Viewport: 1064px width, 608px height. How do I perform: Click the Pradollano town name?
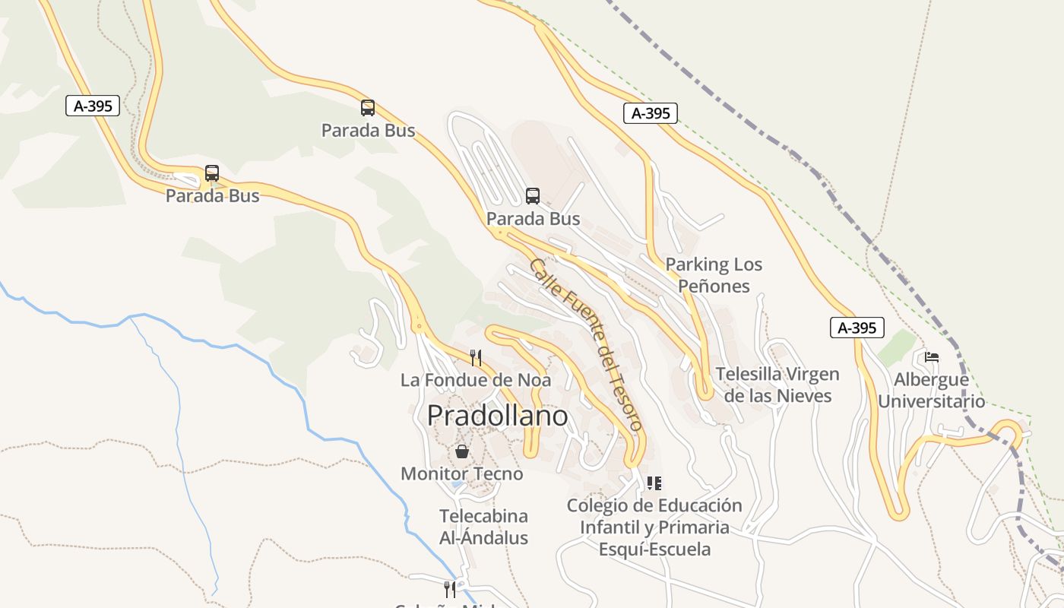497,416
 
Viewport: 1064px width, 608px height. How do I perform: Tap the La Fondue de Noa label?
476,379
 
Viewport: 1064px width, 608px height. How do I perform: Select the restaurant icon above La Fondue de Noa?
476,357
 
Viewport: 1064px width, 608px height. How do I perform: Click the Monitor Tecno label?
461,473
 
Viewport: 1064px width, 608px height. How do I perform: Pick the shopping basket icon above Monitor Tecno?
461,451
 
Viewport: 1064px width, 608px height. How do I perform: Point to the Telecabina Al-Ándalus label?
483,527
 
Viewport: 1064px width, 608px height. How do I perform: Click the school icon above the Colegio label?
654,483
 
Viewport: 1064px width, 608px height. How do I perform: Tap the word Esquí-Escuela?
654,549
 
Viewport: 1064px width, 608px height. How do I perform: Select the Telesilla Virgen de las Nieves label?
777,385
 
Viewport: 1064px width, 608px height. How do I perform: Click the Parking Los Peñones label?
714,275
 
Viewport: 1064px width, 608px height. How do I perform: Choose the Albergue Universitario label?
932,390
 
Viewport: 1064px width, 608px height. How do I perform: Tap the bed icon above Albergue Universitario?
932,357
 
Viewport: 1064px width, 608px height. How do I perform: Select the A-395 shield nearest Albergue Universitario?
857,328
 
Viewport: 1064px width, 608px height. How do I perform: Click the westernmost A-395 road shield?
93,106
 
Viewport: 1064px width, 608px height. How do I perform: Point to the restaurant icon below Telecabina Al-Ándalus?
450,589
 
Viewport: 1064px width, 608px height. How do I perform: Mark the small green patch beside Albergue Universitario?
898,347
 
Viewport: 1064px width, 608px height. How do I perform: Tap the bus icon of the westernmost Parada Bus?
212,173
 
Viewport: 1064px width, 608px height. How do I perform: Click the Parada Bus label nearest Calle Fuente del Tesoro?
533,219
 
